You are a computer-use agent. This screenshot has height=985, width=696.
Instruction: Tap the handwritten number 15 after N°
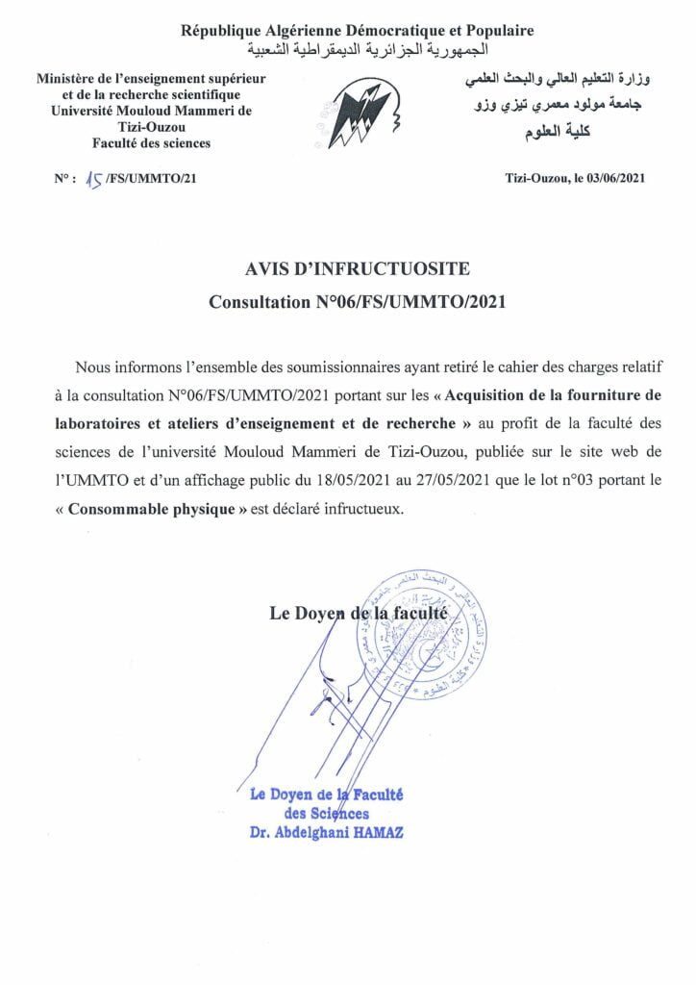click(94, 178)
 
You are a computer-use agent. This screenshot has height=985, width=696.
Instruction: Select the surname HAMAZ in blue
click(382, 832)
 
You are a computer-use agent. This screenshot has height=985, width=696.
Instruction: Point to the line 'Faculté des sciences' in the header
click(151, 143)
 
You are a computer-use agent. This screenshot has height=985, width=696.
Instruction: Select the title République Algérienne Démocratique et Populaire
click(357, 31)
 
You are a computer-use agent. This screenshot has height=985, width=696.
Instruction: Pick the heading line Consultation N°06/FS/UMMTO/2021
click(357, 302)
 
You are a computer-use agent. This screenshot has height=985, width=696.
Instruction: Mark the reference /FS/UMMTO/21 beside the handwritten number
click(151, 178)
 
